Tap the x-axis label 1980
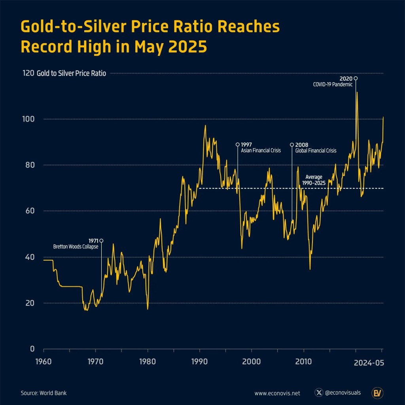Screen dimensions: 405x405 coord(148,361)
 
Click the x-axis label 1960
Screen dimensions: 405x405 coord(44,361)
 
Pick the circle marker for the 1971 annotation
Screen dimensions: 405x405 coord(102,240)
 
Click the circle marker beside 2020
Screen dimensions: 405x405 coord(356,78)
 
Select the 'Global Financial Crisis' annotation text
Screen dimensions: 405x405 coord(316,151)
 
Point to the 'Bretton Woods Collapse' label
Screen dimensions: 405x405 coord(76,246)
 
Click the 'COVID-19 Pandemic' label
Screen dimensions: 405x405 coord(333,84)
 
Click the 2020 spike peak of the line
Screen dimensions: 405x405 coord(357,92)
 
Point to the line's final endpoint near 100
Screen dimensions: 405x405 coord(383,117)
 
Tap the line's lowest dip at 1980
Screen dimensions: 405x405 coord(148,309)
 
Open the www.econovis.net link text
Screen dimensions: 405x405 coord(277,393)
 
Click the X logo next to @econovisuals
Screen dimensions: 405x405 coord(319,393)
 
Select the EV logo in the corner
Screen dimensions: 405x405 coord(377,393)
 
